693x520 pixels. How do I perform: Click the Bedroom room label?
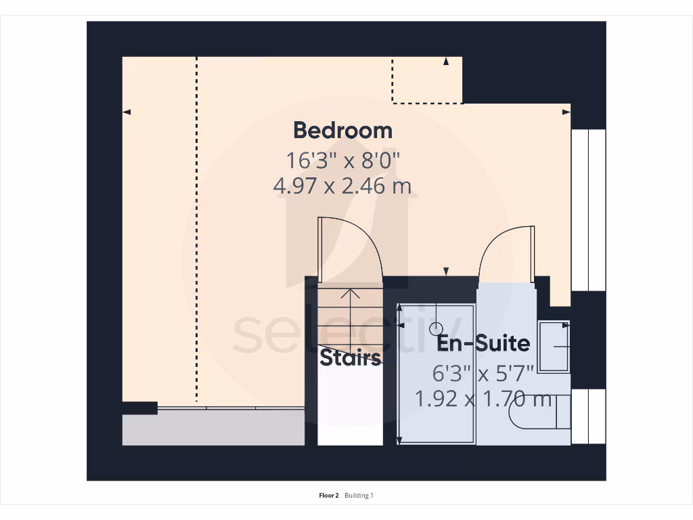(x=342, y=130)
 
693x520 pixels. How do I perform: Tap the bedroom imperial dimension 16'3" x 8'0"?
(x=342, y=160)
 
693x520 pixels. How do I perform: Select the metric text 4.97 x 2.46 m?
(x=342, y=186)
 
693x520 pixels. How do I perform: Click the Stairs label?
(x=350, y=357)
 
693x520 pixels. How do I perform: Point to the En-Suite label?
(x=483, y=343)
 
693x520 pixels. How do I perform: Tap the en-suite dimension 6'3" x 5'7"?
(x=483, y=372)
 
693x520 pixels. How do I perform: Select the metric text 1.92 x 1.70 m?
(x=483, y=399)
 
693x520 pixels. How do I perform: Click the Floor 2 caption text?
(x=329, y=496)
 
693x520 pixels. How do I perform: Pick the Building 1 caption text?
(x=359, y=496)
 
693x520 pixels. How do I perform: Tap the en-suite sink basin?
(x=554, y=347)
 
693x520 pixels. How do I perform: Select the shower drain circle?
(x=435, y=327)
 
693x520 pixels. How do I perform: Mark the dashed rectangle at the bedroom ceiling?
(x=427, y=81)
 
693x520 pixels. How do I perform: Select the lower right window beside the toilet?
(x=588, y=416)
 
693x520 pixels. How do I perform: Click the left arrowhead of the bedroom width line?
(x=127, y=112)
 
